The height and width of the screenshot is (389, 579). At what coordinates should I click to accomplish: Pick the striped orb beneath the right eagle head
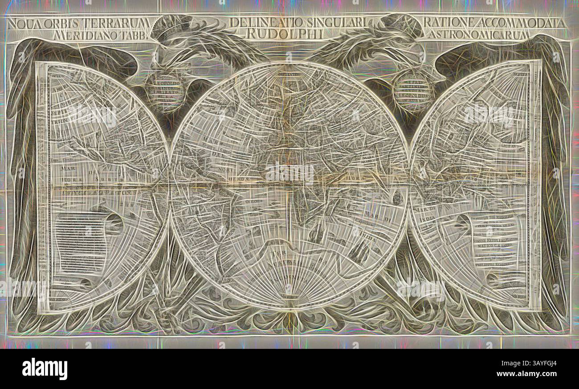click(x=412, y=91)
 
